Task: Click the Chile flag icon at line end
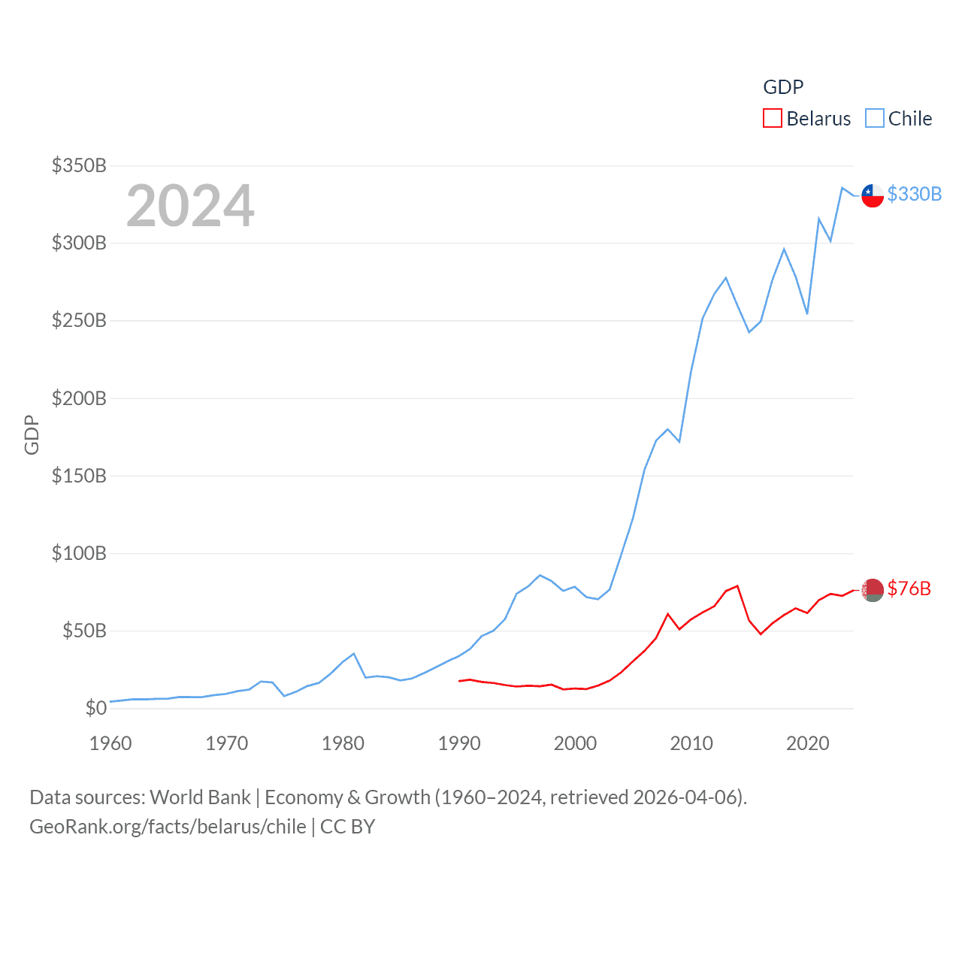pos(872,195)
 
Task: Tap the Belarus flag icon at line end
pos(872,590)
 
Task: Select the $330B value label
pos(914,194)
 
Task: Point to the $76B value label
pos(909,588)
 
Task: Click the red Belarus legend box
pos(772,119)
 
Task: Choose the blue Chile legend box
pos(874,119)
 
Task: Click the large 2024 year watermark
pos(190,206)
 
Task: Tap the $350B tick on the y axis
pos(79,165)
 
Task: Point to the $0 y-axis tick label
pos(96,708)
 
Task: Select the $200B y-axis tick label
pos(79,398)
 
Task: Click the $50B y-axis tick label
pos(84,631)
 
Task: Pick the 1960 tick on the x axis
pos(110,743)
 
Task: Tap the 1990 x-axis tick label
pos(459,743)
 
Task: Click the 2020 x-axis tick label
pos(807,743)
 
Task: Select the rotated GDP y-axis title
pos(32,434)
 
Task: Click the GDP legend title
pos(783,87)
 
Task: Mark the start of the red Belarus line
pos(459,681)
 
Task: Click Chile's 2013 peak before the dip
pos(725,278)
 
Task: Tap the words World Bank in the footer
pos(200,797)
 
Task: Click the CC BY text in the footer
pos(347,827)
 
